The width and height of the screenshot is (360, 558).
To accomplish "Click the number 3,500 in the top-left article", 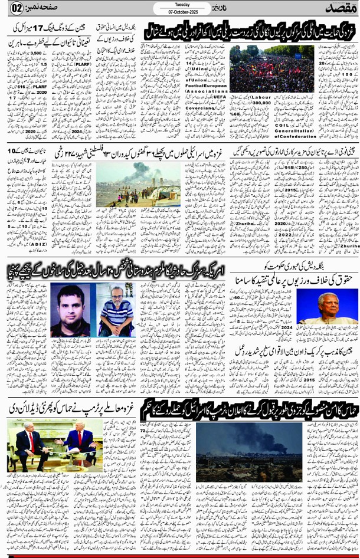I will click(40, 52).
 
